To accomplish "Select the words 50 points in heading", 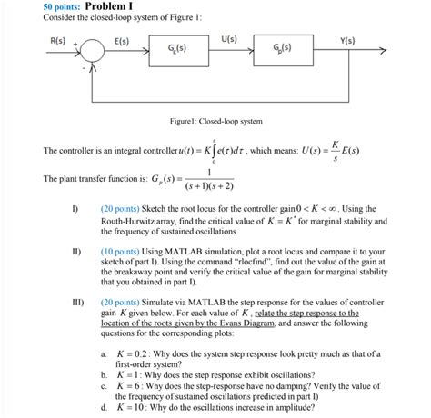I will (x=63, y=7).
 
